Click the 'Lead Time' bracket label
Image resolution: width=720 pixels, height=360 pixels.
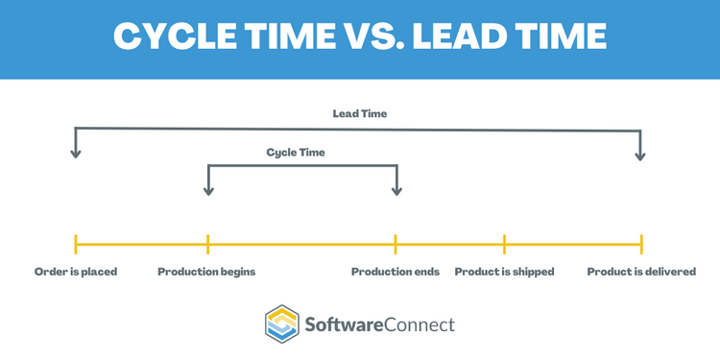coord(359,113)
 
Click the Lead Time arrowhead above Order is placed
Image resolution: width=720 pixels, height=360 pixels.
coord(75,154)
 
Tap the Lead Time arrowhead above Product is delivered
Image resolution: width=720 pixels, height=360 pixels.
coord(641,154)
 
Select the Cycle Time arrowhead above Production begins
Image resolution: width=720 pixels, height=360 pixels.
coord(208,190)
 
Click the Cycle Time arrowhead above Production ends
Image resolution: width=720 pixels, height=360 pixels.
coord(396,190)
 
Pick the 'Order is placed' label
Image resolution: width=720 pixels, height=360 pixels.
coord(75,272)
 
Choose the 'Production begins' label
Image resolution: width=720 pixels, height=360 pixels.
coord(206,272)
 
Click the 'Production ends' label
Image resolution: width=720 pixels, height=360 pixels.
coord(395,272)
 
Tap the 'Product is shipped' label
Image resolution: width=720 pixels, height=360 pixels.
coord(504,272)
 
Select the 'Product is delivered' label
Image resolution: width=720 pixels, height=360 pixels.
coord(641,272)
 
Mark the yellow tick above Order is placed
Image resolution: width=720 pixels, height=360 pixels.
coord(75,244)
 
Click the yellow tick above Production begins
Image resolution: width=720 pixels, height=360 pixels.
coord(208,244)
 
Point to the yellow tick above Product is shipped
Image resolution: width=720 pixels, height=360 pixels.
coord(504,244)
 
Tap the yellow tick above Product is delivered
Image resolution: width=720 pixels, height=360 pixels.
coord(641,244)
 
